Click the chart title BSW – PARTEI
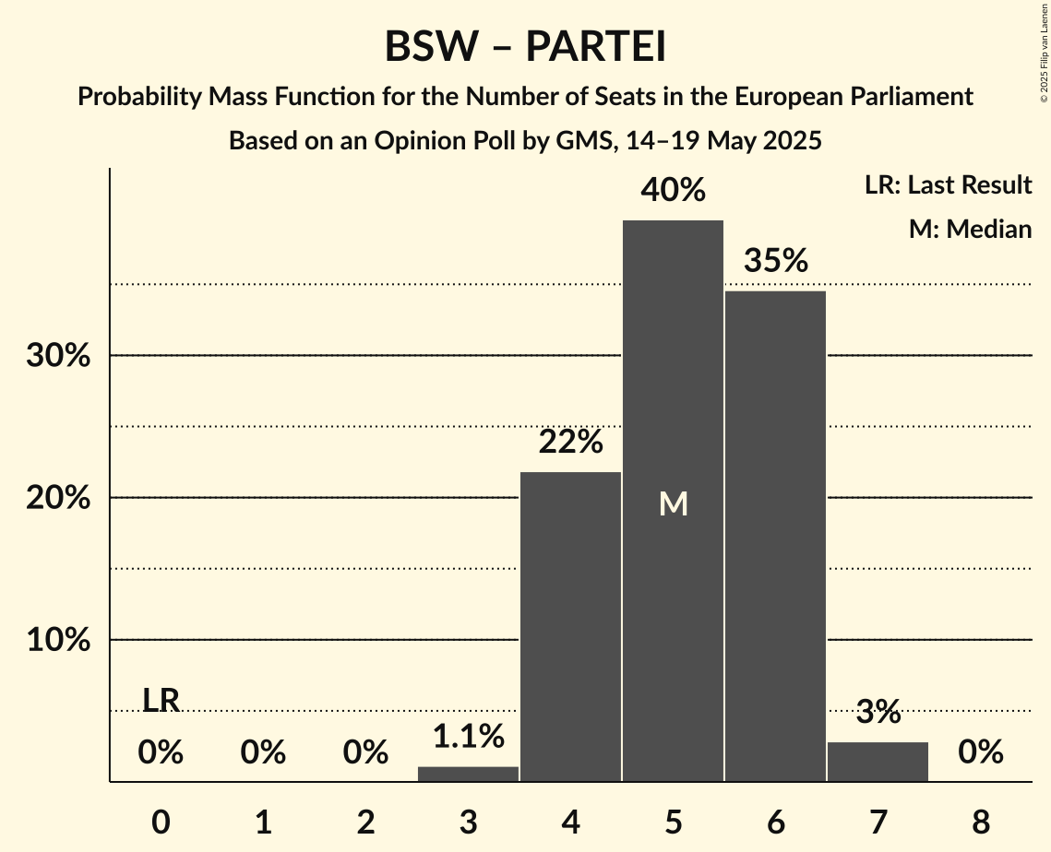click(525, 47)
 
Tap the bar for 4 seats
click(570, 627)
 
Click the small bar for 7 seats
click(878, 762)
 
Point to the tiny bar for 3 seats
click(468, 774)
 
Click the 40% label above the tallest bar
click(674, 191)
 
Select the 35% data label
click(776, 262)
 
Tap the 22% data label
click(571, 443)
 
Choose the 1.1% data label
click(469, 736)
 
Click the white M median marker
click(674, 503)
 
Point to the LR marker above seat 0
click(161, 701)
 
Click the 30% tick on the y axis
click(58, 356)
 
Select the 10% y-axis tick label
click(58, 640)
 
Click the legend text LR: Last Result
click(948, 185)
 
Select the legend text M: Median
click(970, 229)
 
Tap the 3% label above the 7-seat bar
click(878, 712)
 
